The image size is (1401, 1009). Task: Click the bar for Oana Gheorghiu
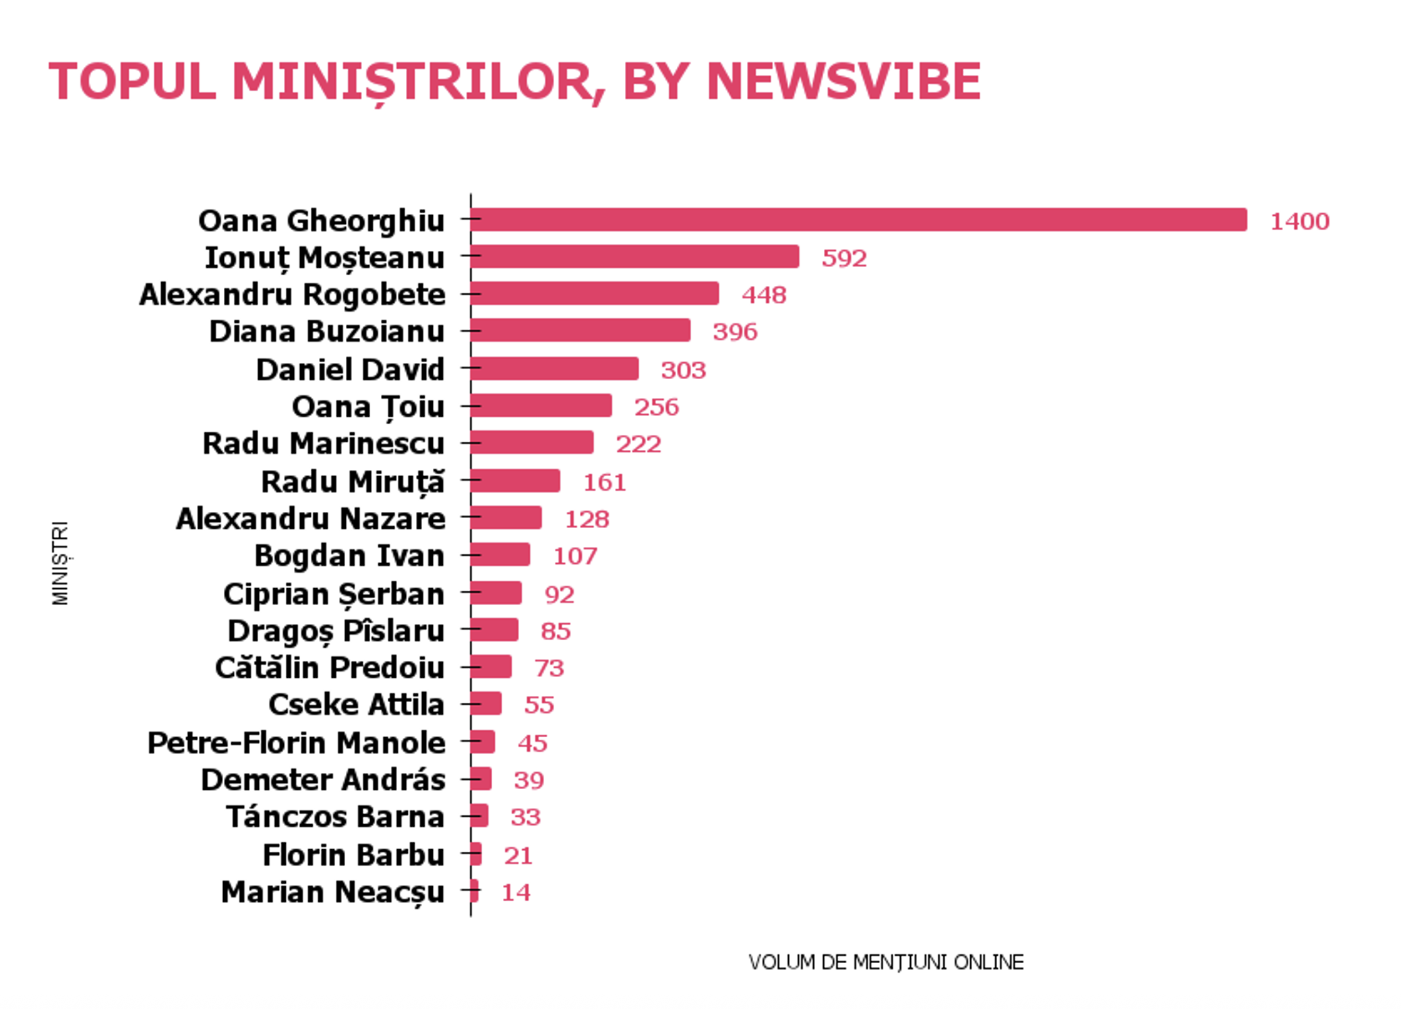[858, 220]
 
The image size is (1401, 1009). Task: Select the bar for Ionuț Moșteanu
[634, 257]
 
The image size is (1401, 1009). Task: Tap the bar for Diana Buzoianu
[580, 330]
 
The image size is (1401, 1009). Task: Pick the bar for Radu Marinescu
[532, 442]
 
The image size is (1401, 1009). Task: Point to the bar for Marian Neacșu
[475, 891]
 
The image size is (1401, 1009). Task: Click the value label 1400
[1299, 221]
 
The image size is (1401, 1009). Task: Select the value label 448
[764, 295]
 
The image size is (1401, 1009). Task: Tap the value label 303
[683, 370]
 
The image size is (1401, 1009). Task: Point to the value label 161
[604, 482]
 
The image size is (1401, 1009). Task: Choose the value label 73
[549, 668]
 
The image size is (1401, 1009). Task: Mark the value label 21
[518, 855]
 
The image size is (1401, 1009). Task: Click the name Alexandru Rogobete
[292, 295]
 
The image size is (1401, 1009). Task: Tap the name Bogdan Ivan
[349, 556]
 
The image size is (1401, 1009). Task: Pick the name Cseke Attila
[356, 705]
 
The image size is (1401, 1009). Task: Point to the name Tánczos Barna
[335, 817]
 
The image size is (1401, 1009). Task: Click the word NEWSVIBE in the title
[843, 82]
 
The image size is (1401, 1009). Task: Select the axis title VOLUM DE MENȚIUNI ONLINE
[885, 962]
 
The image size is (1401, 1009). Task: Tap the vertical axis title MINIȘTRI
[61, 563]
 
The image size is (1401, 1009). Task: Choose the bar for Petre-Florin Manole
[483, 742]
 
